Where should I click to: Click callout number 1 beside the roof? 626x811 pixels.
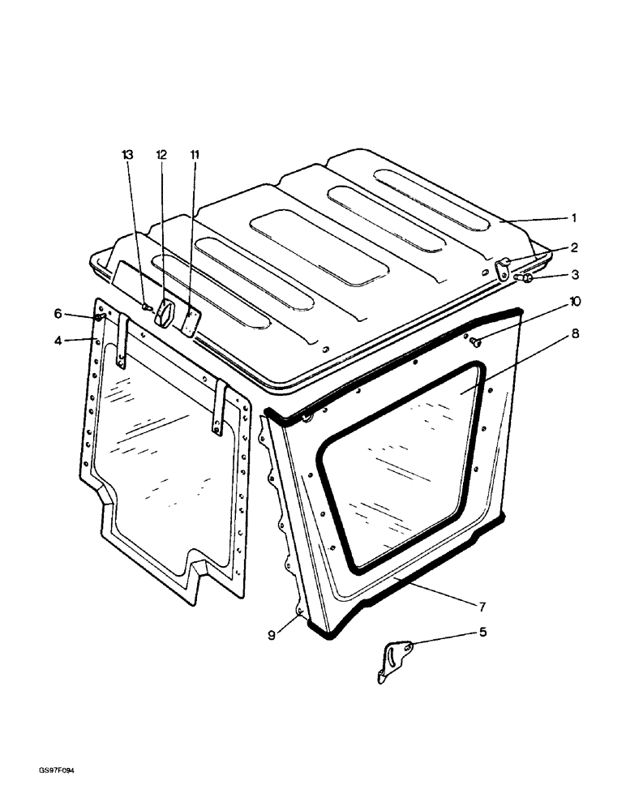(573, 217)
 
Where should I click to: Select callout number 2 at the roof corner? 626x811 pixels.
(573, 248)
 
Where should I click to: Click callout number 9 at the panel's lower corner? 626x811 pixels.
(272, 635)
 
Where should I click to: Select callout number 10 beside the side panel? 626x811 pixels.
(573, 302)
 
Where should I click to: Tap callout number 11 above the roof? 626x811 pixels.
(195, 153)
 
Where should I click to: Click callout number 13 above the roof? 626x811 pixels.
(126, 153)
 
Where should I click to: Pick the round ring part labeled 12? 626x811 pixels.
(165, 313)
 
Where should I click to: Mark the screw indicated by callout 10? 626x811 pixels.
(477, 342)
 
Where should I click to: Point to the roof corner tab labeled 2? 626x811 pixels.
(503, 268)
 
